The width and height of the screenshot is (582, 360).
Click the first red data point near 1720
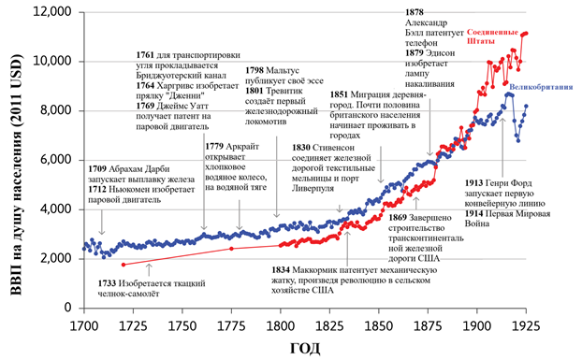[x=97, y=264]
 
